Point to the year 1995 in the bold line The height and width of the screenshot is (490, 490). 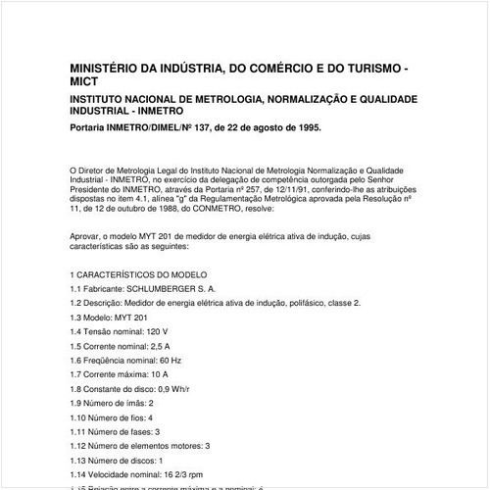[305, 127]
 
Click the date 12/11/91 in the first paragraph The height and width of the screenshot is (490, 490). [277, 190]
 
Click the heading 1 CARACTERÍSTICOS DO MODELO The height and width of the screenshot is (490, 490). [138, 276]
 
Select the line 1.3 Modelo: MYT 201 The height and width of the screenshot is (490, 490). [109, 318]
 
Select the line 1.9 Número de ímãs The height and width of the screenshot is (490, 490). [112, 404]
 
